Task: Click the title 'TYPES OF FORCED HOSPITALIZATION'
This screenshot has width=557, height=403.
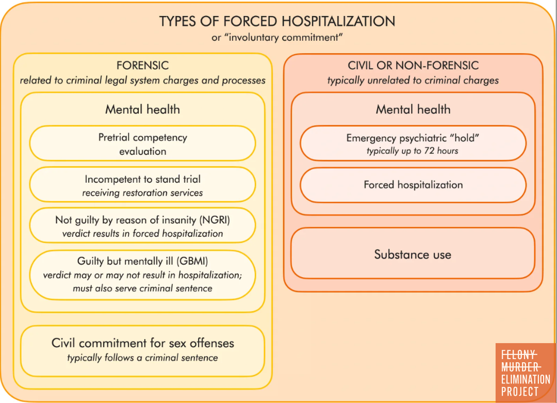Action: pos(277,21)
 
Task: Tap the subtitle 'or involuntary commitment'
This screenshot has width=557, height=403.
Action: pos(277,37)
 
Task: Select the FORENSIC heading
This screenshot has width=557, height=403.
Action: pos(143,66)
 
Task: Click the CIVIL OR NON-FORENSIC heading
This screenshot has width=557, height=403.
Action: pos(413,66)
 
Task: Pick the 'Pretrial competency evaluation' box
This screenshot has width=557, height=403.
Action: pos(143,143)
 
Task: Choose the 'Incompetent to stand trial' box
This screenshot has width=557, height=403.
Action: pos(143,185)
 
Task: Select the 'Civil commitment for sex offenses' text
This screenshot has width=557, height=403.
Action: pos(143,343)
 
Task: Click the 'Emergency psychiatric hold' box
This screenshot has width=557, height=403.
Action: pos(413,143)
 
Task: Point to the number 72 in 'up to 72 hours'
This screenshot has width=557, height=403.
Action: pos(429,151)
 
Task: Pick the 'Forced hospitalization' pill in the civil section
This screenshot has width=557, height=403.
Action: pos(413,185)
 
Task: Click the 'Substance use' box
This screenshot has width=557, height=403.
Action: pos(413,253)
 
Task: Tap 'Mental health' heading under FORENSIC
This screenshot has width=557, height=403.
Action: pos(143,109)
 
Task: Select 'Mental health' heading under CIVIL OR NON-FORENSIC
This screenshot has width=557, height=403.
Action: pos(413,109)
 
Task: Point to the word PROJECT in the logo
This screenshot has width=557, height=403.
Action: pos(520,392)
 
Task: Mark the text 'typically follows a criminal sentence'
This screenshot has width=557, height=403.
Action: pos(143,358)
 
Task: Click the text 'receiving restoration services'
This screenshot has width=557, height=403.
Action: pos(143,193)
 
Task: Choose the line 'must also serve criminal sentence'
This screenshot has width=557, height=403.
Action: pos(143,288)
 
